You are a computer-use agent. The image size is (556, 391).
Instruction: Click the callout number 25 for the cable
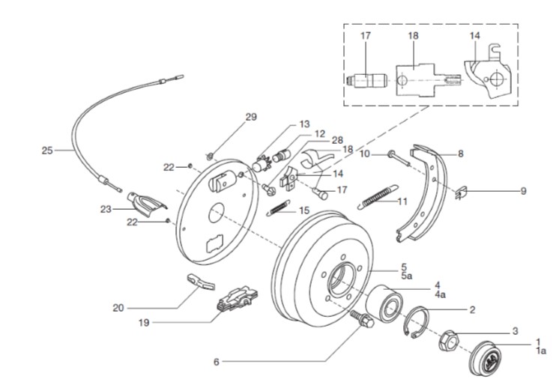pos(47,150)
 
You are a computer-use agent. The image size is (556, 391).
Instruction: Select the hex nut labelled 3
pos(449,342)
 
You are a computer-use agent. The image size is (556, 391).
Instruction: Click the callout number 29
pos(251,117)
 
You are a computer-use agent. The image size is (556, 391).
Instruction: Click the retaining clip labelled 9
pos(462,193)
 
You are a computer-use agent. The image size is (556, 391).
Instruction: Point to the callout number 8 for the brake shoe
pos(461,154)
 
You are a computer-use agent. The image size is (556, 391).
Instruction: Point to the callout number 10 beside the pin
pos(365,154)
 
